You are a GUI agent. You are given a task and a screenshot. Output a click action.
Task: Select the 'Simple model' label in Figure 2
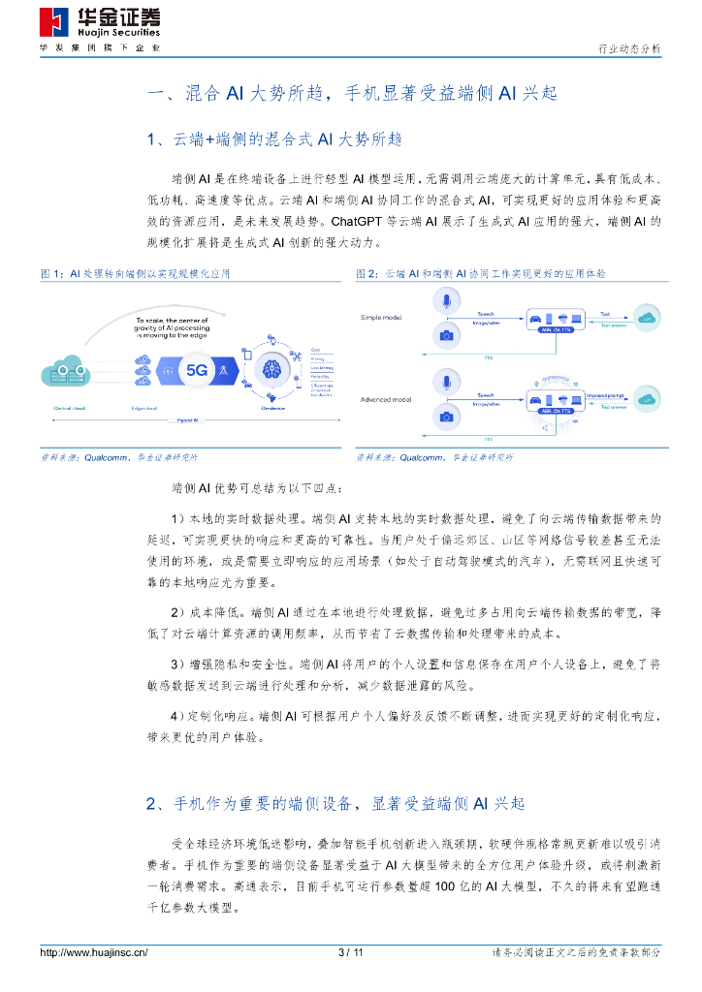click(x=381, y=317)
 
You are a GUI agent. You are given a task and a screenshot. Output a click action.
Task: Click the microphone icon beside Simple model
click(x=446, y=302)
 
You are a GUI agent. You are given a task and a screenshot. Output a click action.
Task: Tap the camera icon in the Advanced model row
click(x=446, y=416)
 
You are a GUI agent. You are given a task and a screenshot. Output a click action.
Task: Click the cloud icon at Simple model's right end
click(x=645, y=317)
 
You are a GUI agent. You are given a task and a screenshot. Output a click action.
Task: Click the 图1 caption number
click(x=51, y=274)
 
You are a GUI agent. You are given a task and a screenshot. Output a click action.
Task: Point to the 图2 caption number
click(x=367, y=274)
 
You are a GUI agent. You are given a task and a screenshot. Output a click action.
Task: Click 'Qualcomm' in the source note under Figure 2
click(x=420, y=456)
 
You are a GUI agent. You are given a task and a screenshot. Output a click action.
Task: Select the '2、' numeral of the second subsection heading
click(x=157, y=804)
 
